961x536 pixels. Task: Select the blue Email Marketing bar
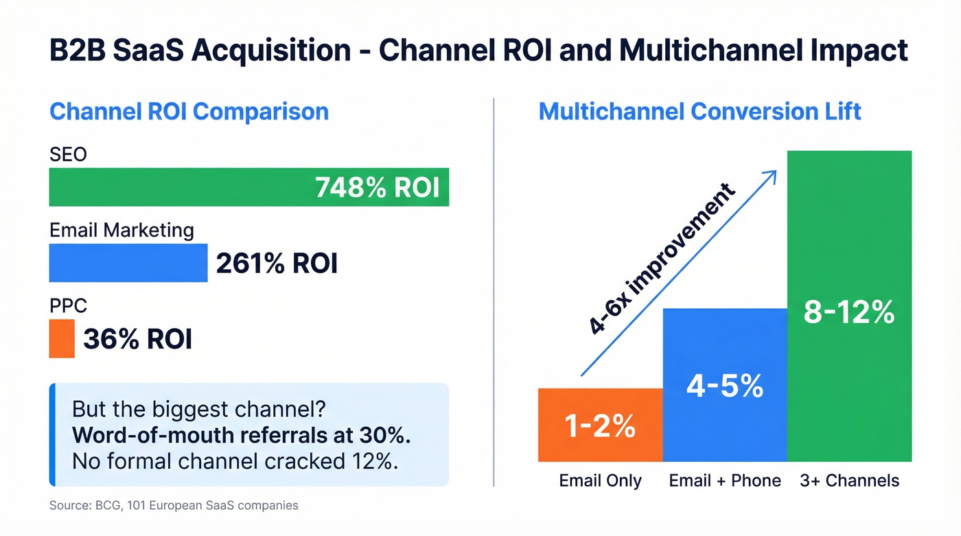pyautogui.click(x=128, y=263)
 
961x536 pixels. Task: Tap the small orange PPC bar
pyautogui.click(x=61, y=338)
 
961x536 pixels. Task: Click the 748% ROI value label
pyautogui.click(x=376, y=187)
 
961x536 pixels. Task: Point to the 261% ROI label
pyautogui.click(x=277, y=264)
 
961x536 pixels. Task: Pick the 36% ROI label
pyautogui.click(x=137, y=339)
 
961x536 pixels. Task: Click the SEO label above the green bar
pyautogui.click(x=68, y=154)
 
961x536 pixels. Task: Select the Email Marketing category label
pyautogui.click(x=121, y=230)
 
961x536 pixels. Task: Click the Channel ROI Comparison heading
pyautogui.click(x=189, y=112)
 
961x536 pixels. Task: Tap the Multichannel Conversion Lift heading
pyautogui.click(x=699, y=111)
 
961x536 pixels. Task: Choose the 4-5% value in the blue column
pyautogui.click(x=725, y=386)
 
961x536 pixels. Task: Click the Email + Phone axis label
pyautogui.click(x=725, y=480)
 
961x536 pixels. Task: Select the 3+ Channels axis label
pyautogui.click(x=850, y=480)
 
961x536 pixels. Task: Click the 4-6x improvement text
pyautogui.click(x=662, y=259)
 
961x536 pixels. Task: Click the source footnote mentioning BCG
pyautogui.click(x=174, y=506)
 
